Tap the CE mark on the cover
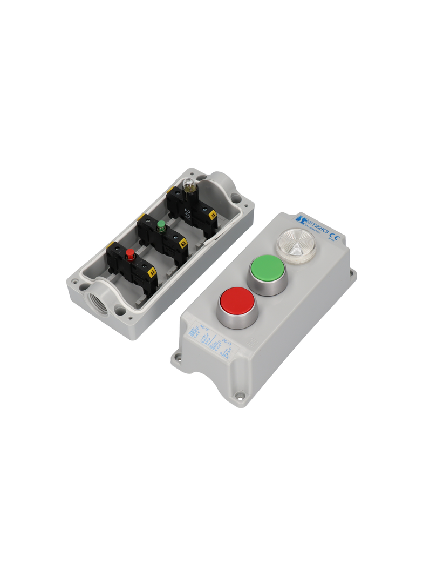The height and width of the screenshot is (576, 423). coord(334,236)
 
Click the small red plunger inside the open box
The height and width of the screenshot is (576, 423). coord(130,253)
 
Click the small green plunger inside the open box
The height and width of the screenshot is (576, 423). coord(160,225)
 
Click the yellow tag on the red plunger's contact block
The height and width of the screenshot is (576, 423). coord(152,271)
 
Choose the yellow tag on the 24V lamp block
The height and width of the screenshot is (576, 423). coord(213,215)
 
